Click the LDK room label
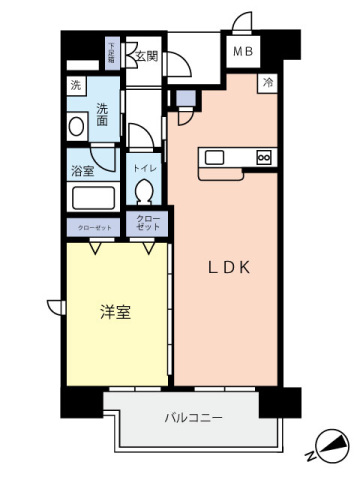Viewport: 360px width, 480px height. click(227, 267)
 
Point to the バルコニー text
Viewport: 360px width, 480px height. click(192, 417)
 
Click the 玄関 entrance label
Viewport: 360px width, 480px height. click(147, 56)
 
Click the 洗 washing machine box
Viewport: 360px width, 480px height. click(76, 87)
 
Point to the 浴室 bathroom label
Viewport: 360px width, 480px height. click(82, 171)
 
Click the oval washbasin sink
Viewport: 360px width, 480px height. click(77, 127)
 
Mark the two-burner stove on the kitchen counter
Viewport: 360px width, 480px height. click(264, 156)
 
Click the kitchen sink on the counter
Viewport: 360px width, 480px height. click(215, 156)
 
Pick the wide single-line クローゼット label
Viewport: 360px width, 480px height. click(94, 227)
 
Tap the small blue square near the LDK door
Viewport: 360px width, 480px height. click(185, 97)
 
